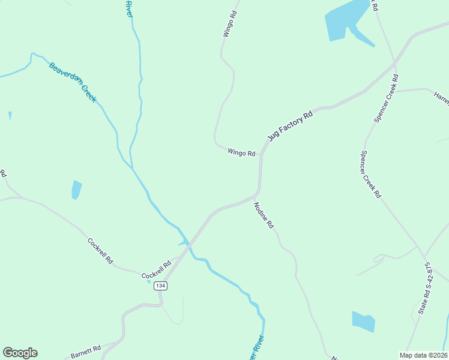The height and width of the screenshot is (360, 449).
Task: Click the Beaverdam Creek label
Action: point(73,82)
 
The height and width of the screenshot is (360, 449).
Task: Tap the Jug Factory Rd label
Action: point(291,125)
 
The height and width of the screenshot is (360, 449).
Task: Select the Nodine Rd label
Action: point(264,215)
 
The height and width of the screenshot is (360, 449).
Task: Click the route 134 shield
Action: point(160,286)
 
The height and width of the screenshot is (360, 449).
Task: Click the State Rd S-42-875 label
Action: point(426,288)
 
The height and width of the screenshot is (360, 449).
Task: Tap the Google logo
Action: point(20,353)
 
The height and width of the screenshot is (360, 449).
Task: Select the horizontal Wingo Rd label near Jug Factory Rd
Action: point(241,153)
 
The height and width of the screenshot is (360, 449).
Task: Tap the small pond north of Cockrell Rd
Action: point(76,190)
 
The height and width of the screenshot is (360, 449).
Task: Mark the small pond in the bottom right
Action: point(363,322)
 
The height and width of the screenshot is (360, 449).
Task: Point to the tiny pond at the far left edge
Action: point(10,115)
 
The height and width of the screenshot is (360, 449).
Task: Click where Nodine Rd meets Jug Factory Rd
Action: point(256,195)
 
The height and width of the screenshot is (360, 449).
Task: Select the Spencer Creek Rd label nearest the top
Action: point(386,99)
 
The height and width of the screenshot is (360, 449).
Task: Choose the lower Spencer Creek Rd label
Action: point(370,174)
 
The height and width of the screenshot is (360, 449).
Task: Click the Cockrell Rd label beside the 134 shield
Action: point(156,272)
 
